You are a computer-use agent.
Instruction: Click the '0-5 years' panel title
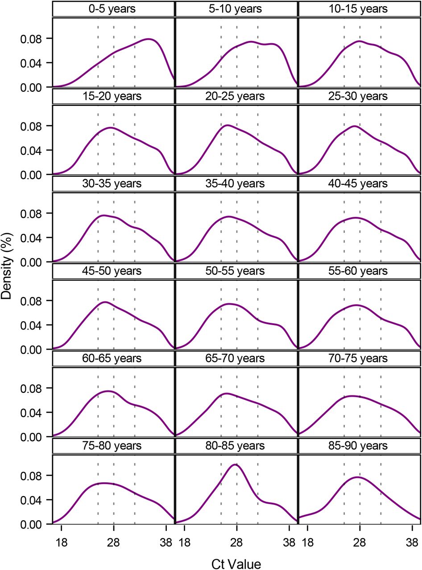click(x=113, y=8)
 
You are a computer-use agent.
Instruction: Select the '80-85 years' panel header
click(x=236, y=446)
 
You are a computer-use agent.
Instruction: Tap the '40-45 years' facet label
click(x=360, y=183)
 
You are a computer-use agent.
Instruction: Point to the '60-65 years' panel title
click(x=113, y=358)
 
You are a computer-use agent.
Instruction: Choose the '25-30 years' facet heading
click(x=360, y=96)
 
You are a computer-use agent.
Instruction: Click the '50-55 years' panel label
click(x=236, y=271)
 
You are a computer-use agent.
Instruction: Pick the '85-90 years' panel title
click(x=360, y=446)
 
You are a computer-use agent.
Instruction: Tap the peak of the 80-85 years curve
click(x=235, y=464)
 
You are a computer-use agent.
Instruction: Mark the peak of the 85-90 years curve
click(x=358, y=477)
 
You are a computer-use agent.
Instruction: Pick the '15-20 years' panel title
click(x=113, y=96)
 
